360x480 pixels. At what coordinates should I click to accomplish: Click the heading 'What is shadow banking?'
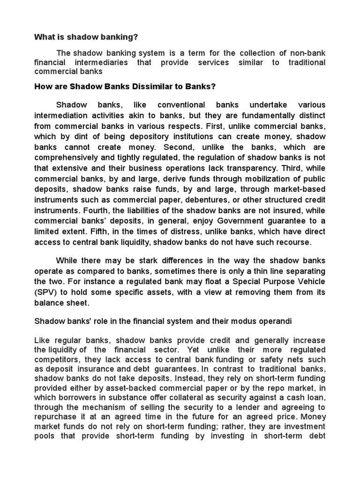[86, 37]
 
